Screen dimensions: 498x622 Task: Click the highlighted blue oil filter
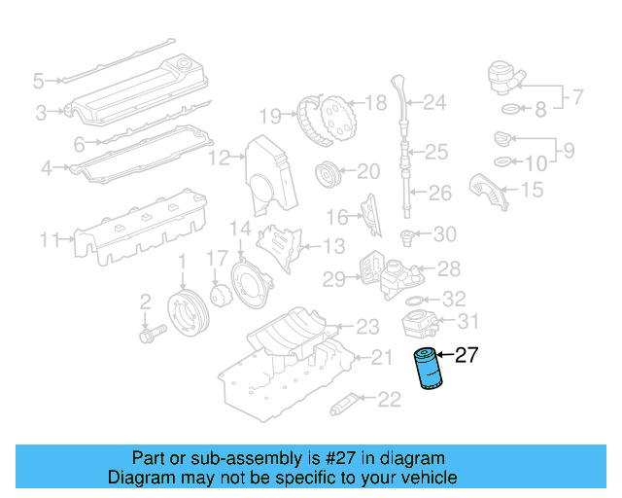click(427, 370)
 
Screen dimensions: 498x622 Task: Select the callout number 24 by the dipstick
click(433, 101)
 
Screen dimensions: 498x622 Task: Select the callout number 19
click(270, 116)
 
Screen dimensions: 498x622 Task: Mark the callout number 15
click(532, 190)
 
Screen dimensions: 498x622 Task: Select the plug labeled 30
click(409, 235)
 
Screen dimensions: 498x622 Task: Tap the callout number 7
click(577, 97)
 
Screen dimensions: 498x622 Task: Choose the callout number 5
click(39, 80)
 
